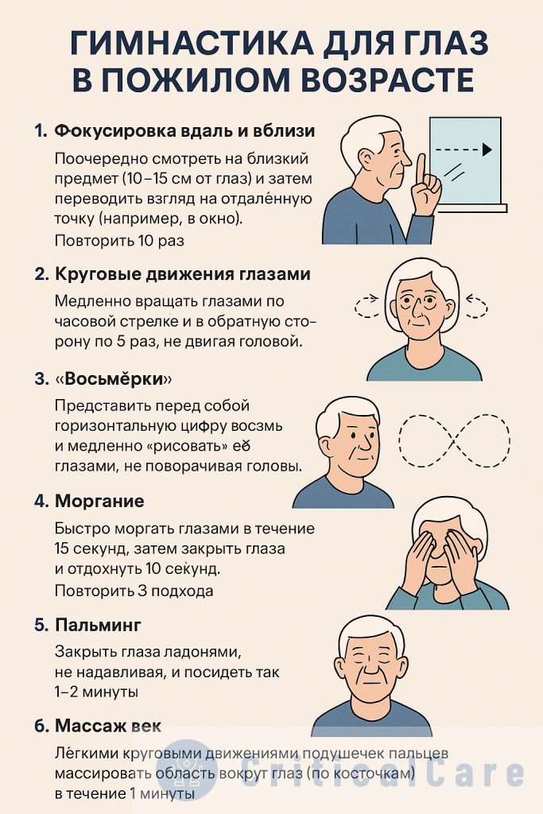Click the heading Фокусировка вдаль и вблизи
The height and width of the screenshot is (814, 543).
(x=185, y=131)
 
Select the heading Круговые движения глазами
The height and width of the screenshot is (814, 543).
(x=183, y=274)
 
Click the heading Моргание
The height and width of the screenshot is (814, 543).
(x=99, y=502)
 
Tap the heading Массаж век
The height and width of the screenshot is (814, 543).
(x=108, y=726)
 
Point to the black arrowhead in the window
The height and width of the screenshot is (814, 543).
(x=487, y=149)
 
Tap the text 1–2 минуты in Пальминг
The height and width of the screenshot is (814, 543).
(x=97, y=692)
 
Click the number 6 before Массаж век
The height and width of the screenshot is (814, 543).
(x=41, y=726)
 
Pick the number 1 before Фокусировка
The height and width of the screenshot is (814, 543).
(x=41, y=131)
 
